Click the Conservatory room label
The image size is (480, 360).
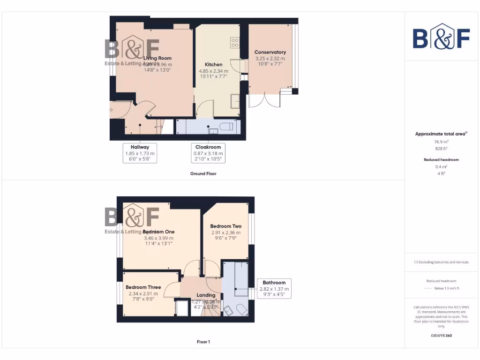tap(270, 52)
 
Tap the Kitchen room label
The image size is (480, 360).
tap(213, 64)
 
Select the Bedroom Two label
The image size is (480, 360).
tap(225, 226)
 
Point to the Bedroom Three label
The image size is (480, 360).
tap(143, 287)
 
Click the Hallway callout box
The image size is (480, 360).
tap(140, 153)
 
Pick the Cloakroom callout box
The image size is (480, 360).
tap(208, 153)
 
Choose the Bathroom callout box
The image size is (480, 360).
tap(274, 289)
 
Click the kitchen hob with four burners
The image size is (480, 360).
tap(235, 43)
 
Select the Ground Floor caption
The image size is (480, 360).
tap(203, 173)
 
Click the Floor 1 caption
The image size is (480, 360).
tap(203, 342)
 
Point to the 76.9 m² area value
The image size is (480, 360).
tap(442, 141)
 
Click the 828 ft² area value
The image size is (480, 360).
tap(442, 148)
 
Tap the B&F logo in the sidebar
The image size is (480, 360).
tap(441, 37)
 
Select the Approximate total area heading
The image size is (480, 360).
tap(441, 134)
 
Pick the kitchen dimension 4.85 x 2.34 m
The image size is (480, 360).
tap(213, 71)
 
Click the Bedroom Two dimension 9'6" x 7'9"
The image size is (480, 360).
tap(225, 238)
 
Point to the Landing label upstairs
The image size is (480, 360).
tap(206, 295)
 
